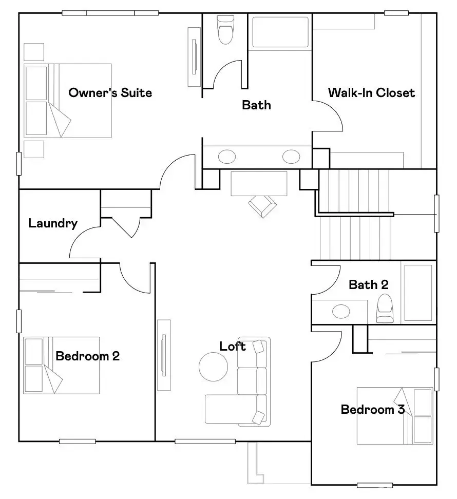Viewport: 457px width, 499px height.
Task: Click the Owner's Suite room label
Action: click(110, 93)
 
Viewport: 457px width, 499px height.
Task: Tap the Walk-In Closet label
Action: click(371, 93)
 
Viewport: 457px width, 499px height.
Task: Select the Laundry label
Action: click(53, 223)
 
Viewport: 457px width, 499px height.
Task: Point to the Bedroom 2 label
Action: click(87, 356)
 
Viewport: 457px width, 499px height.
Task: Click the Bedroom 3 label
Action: click(373, 409)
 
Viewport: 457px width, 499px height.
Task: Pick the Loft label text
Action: click(233, 347)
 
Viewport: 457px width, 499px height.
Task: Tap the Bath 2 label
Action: click(368, 284)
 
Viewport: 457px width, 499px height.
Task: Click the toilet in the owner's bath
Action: click(225, 29)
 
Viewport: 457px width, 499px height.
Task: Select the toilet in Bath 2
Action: click(385, 309)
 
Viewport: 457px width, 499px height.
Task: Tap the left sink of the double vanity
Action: click(226, 156)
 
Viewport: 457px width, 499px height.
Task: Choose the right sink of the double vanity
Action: click(291, 156)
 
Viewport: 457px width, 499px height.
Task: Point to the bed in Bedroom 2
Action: click(61, 365)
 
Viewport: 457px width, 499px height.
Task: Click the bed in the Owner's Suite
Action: click(67, 101)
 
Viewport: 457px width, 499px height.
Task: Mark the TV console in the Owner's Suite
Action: click(194, 56)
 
